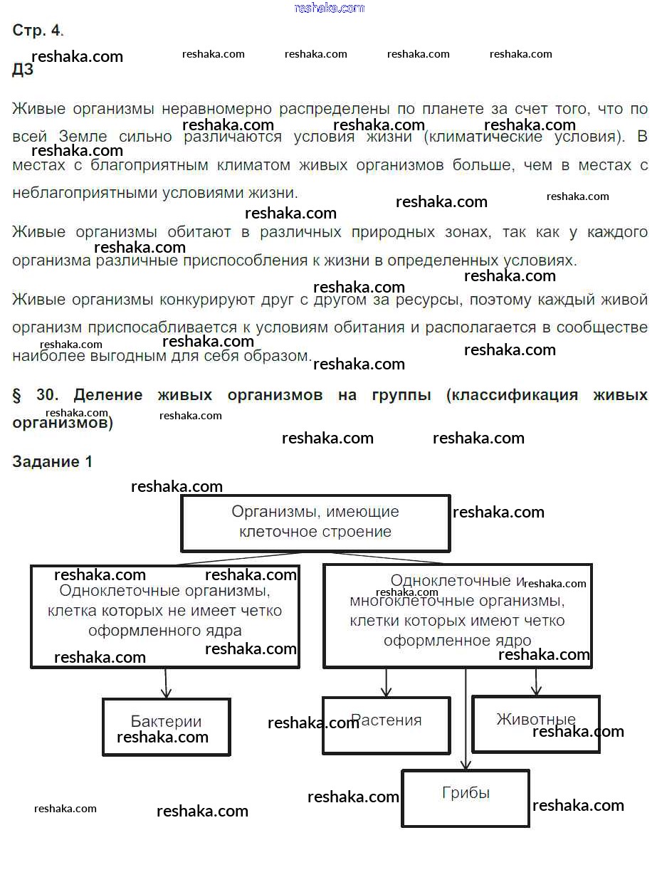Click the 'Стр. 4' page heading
click(x=38, y=31)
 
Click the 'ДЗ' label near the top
click(x=22, y=70)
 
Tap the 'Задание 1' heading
click(x=53, y=461)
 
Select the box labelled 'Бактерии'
click(x=166, y=726)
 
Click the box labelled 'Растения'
click(x=386, y=725)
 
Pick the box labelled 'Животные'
click(x=535, y=723)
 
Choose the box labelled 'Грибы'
click(x=466, y=798)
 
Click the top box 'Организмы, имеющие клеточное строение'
click(x=315, y=523)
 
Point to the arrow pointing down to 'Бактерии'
click(x=166, y=683)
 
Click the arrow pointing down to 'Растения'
click(x=386, y=683)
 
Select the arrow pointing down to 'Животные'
click(x=537, y=682)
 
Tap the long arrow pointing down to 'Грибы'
click(x=466, y=719)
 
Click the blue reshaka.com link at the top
click(x=329, y=8)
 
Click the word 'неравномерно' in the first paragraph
click(x=216, y=110)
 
